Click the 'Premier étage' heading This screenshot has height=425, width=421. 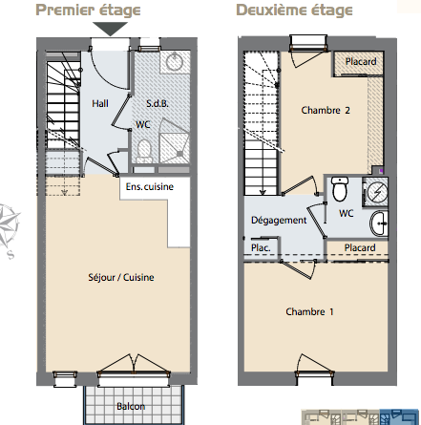(88, 11)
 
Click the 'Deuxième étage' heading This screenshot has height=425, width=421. (294, 11)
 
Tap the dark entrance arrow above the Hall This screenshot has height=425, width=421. (111, 29)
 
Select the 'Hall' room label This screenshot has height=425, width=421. (100, 103)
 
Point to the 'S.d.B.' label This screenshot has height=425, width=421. (158, 103)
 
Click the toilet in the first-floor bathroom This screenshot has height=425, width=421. (144, 150)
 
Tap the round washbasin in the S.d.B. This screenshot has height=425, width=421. (175, 61)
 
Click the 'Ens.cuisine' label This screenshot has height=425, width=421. (150, 186)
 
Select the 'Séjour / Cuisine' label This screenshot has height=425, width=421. (121, 277)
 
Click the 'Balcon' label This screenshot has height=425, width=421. (131, 406)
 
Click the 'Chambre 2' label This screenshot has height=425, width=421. (326, 110)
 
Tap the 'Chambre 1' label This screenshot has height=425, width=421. (309, 311)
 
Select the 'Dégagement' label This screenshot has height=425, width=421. (279, 221)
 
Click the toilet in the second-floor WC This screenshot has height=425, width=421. (340, 189)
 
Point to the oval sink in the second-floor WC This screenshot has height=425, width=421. (379, 223)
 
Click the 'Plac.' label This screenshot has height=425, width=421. (261, 247)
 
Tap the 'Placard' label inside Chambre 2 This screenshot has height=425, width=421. (361, 61)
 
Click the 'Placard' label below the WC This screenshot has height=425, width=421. (360, 247)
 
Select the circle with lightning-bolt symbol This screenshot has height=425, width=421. (377, 192)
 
